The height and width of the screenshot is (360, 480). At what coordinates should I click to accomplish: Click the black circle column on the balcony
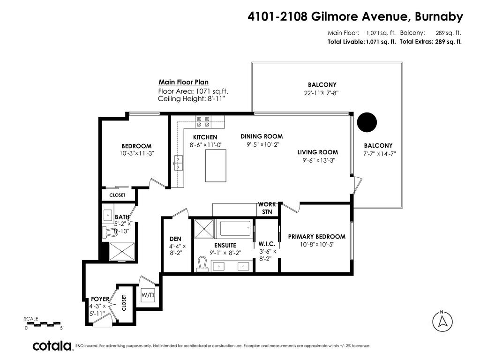point(367,122)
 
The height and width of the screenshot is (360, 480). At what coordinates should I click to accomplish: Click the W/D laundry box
point(148,295)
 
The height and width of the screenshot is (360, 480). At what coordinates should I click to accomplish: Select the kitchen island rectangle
point(215,165)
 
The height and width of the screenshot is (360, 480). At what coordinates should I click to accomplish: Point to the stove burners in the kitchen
point(203,122)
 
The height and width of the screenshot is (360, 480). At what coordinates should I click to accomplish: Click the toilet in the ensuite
point(202,263)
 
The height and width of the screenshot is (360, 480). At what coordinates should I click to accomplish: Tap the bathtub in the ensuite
point(236,229)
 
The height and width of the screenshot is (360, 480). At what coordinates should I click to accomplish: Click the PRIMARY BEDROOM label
point(316,237)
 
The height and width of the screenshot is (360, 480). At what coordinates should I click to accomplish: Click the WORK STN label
point(267,208)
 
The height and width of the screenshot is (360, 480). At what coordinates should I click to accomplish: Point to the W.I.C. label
point(267,244)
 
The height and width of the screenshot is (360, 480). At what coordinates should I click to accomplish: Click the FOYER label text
point(100,299)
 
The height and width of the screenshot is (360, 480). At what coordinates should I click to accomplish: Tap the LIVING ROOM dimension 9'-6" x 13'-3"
point(318,160)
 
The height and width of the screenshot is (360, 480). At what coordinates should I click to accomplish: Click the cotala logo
point(52,346)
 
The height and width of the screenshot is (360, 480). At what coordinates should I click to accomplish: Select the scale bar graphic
point(43,323)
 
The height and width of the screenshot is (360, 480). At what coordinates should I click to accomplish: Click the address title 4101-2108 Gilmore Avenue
point(355,17)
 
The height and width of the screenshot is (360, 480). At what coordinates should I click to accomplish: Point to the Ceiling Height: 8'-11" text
point(192,99)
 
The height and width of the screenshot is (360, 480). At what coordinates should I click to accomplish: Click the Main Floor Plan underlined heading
point(183,82)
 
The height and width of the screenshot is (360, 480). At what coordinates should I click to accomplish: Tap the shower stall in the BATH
point(121,251)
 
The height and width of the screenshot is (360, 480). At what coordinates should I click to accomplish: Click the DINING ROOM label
point(262,136)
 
